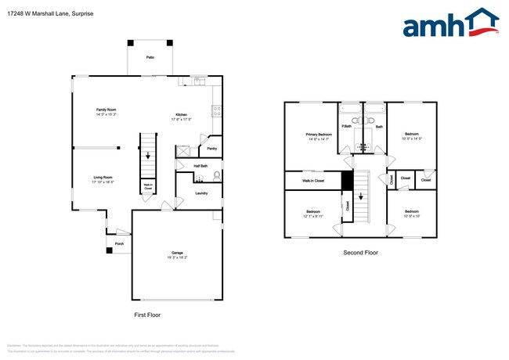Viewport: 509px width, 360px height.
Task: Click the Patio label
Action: [x=150, y=58]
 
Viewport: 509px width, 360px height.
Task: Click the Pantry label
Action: [x=211, y=149]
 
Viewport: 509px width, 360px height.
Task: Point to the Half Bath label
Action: [x=200, y=166]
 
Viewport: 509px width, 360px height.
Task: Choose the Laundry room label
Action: [x=201, y=193]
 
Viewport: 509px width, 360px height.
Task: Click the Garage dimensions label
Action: [x=178, y=256]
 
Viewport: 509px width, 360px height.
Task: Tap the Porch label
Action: [x=119, y=243]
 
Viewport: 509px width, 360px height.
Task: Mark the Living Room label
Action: [x=103, y=178]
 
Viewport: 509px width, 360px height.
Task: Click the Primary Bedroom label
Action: [x=319, y=136]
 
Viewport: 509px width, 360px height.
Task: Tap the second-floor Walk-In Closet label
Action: [x=313, y=181]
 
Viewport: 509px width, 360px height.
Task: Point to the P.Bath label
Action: [x=345, y=126]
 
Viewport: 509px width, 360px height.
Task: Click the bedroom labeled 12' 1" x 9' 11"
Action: [x=313, y=214]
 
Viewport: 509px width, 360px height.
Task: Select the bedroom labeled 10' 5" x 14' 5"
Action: [x=412, y=136]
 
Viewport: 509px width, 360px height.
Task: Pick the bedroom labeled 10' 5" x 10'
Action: [x=412, y=214]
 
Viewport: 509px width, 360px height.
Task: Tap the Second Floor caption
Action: [x=360, y=253]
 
